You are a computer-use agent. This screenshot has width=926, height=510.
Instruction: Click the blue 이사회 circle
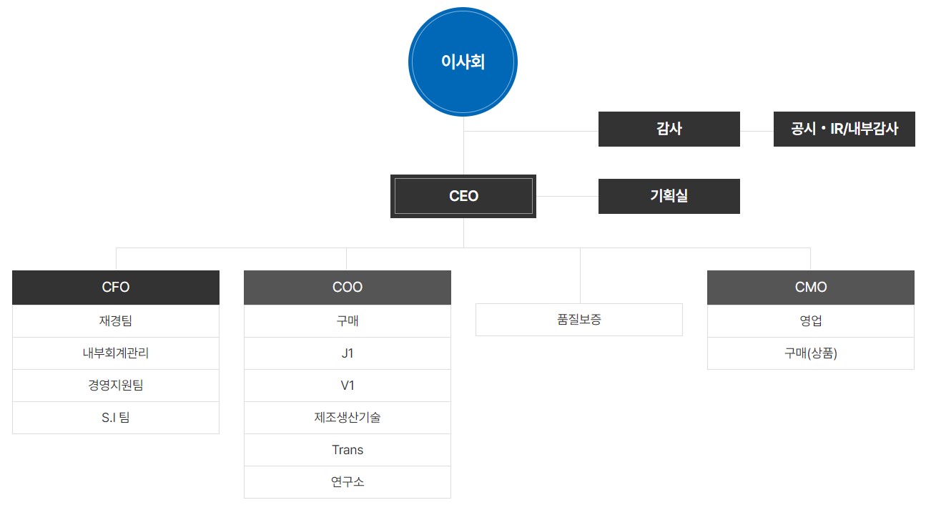click(x=463, y=62)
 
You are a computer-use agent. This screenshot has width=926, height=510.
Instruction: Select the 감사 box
click(x=669, y=129)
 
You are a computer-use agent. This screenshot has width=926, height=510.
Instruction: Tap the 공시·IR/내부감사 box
click(x=844, y=129)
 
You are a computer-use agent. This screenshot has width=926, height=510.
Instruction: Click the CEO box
click(x=463, y=196)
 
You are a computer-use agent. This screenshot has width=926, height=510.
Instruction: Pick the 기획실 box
click(x=669, y=196)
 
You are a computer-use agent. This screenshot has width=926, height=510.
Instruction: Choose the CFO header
click(x=116, y=288)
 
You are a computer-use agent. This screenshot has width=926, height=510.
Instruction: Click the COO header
click(x=348, y=288)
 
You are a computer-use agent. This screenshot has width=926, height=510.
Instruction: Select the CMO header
click(x=810, y=288)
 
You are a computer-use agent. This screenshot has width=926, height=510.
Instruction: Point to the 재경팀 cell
click(x=116, y=321)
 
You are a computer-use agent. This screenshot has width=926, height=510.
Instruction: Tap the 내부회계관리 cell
click(x=116, y=353)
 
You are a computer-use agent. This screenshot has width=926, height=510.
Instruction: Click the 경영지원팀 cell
click(x=116, y=386)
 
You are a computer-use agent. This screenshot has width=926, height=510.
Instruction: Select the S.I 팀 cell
click(x=116, y=418)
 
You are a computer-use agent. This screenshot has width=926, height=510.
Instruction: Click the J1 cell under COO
click(x=348, y=353)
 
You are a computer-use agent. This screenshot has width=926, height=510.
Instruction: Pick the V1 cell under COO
click(x=348, y=386)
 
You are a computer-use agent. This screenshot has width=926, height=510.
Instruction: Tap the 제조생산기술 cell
click(x=348, y=418)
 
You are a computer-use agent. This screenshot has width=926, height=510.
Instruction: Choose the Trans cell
click(x=348, y=450)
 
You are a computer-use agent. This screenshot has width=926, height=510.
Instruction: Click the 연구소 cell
click(x=348, y=482)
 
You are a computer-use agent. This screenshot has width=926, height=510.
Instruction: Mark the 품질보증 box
click(x=579, y=320)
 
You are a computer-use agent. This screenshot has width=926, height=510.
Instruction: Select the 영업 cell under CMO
click(x=810, y=321)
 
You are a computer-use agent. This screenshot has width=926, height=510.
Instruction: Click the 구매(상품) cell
click(x=810, y=353)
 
